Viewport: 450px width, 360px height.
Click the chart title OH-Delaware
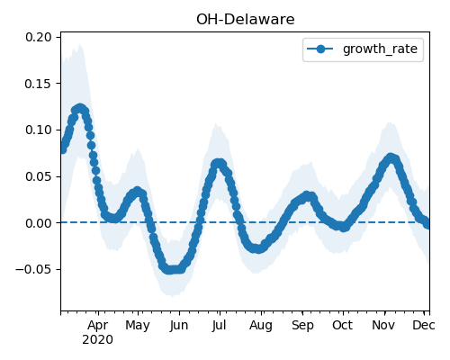tap(246, 20)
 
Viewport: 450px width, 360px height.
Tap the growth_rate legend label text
tap(380, 49)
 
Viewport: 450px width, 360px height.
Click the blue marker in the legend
tap(320, 49)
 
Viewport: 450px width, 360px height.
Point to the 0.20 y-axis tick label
tap(39, 37)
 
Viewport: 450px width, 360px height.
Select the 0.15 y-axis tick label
tap(39, 84)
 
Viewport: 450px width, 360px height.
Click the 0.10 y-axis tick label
tap(39, 130)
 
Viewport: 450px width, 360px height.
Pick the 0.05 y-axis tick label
tap(39, 176)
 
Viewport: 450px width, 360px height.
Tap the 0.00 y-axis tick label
tap(39, 223)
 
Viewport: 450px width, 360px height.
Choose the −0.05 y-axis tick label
tap(33, 269)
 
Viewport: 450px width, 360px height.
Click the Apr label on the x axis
tap(98, 325)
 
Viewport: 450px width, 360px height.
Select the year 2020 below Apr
tap(98, 339)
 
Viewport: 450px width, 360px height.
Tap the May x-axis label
tap(138, 326)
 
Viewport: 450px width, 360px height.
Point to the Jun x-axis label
tap(179, 326)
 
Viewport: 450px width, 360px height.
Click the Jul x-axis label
tap(219, 326)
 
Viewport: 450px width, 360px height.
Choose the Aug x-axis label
tap(261, 326)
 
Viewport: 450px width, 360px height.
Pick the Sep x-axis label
tap(302, 326)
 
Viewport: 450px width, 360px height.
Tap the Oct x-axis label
tap(342, 325)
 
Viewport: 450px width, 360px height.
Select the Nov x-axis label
tap(383, 325)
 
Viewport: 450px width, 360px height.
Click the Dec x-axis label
tap(424, 325)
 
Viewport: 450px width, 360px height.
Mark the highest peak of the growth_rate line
tap(80, 108)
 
